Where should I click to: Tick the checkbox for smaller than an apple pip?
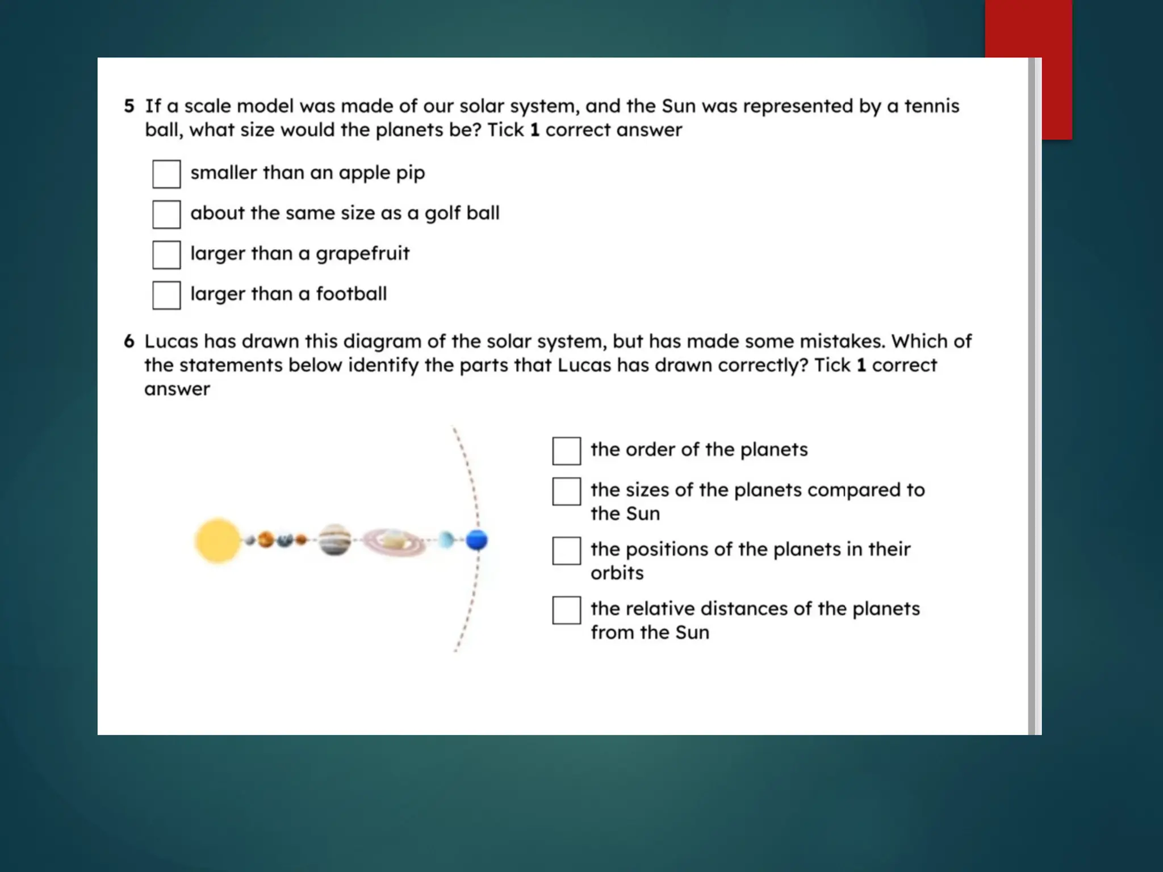click(166, 174)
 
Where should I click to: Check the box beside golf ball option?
click(166, 214)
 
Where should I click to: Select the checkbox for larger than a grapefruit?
click(166, 254)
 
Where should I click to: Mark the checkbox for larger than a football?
click(166, 295)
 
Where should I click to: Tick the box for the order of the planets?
click(566, 451)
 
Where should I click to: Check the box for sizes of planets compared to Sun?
click(566, 491)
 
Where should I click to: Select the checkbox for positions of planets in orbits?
click(566, 551)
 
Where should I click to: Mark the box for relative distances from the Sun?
click(566, 610)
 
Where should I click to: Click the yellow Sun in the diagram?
click(217, 540)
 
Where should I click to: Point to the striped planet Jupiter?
click(334, 539)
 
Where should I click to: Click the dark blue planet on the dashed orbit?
click(477, 540)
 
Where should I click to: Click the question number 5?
click(129, 106)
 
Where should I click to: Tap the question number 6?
click(129, 341)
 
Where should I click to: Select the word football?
click(351, 294)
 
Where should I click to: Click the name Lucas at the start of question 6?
click(171, 341)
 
